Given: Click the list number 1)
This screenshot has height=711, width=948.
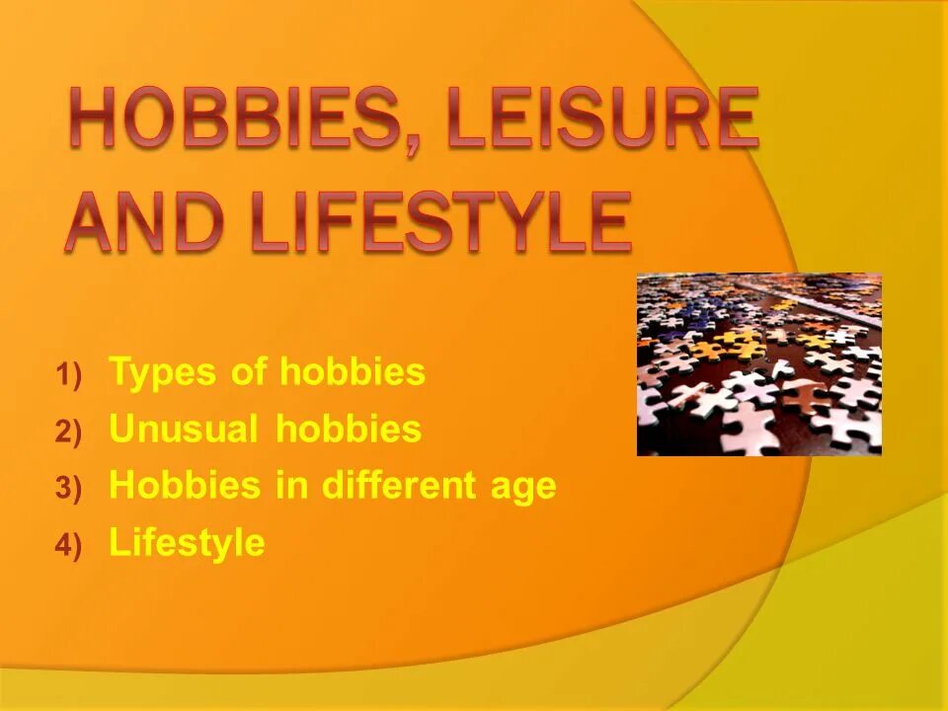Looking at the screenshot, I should coord(70,375).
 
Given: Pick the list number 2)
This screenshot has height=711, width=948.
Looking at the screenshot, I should coord(70,432).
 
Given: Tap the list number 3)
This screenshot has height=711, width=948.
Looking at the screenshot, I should coord(70,488).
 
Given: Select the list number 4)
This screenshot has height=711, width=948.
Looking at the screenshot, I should coord(70,545).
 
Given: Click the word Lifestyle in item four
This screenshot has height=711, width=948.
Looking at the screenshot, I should coord(187,543).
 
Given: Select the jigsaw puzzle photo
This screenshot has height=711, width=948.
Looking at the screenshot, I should coord(758,364).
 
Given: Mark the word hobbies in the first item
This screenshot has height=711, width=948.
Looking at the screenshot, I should coord(353,372).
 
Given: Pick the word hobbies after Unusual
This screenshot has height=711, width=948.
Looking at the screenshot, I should coord(349,430).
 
